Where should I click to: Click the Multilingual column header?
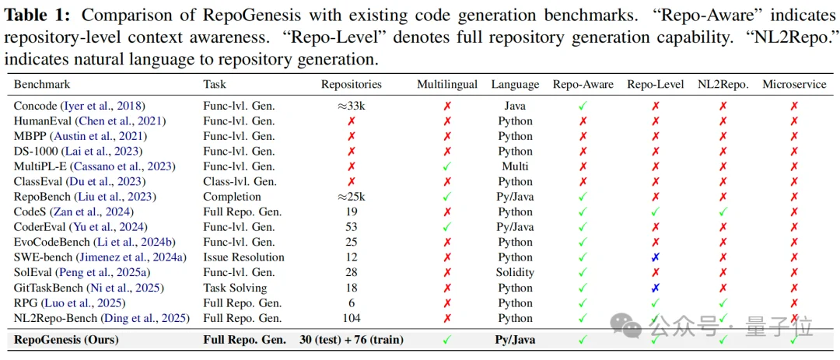[447, 85]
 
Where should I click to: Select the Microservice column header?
[793, 85]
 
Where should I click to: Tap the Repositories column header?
[352, 85]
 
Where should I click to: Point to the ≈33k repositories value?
[352, 107]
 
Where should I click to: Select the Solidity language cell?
[515, 272]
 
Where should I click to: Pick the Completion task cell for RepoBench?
[233, 197]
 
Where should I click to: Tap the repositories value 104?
[352, 318]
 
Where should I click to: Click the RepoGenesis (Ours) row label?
[69, 340]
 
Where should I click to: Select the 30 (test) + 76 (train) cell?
[352, 340]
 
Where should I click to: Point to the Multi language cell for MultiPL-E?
[515, 166]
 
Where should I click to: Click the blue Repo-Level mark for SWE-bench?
[655, 257]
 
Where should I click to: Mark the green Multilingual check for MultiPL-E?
[447, 166]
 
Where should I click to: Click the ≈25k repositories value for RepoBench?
[352, 197]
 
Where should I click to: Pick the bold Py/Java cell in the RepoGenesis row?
[515, 340]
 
